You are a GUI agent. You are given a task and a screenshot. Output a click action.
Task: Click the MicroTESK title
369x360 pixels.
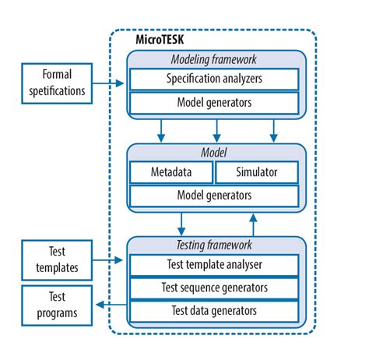point(147,38)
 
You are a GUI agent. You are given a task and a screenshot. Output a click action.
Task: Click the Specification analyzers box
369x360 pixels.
point(213,79)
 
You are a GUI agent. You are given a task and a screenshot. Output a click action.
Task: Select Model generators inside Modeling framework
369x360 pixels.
point(213,103)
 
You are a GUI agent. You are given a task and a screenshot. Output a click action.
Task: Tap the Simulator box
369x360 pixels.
point(256,171)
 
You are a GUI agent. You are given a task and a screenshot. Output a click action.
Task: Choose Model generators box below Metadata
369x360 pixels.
point(213,194)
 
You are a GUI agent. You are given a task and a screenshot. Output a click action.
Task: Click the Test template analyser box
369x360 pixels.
point(213,264)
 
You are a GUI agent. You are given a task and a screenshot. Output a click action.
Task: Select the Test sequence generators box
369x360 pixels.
point(213,288)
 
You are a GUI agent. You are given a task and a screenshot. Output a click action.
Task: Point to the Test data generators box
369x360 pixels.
point(213,312)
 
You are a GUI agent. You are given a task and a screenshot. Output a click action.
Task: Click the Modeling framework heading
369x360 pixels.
point(213,60)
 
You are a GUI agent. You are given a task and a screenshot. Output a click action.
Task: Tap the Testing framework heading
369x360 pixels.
point(213,245)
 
